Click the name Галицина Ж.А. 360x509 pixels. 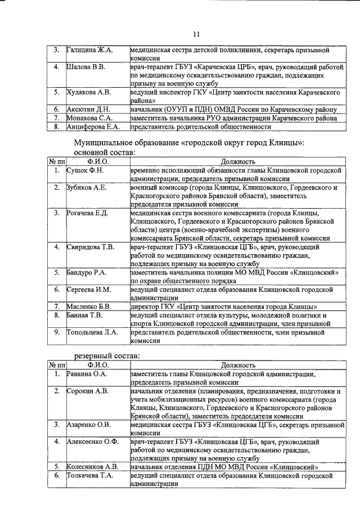tap(90, 50)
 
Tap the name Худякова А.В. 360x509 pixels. tap(88, 92)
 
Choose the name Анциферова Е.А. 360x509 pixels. tap(92, 127)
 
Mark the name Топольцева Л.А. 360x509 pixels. tap(92, 332)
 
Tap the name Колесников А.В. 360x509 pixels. tap(92, 467)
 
